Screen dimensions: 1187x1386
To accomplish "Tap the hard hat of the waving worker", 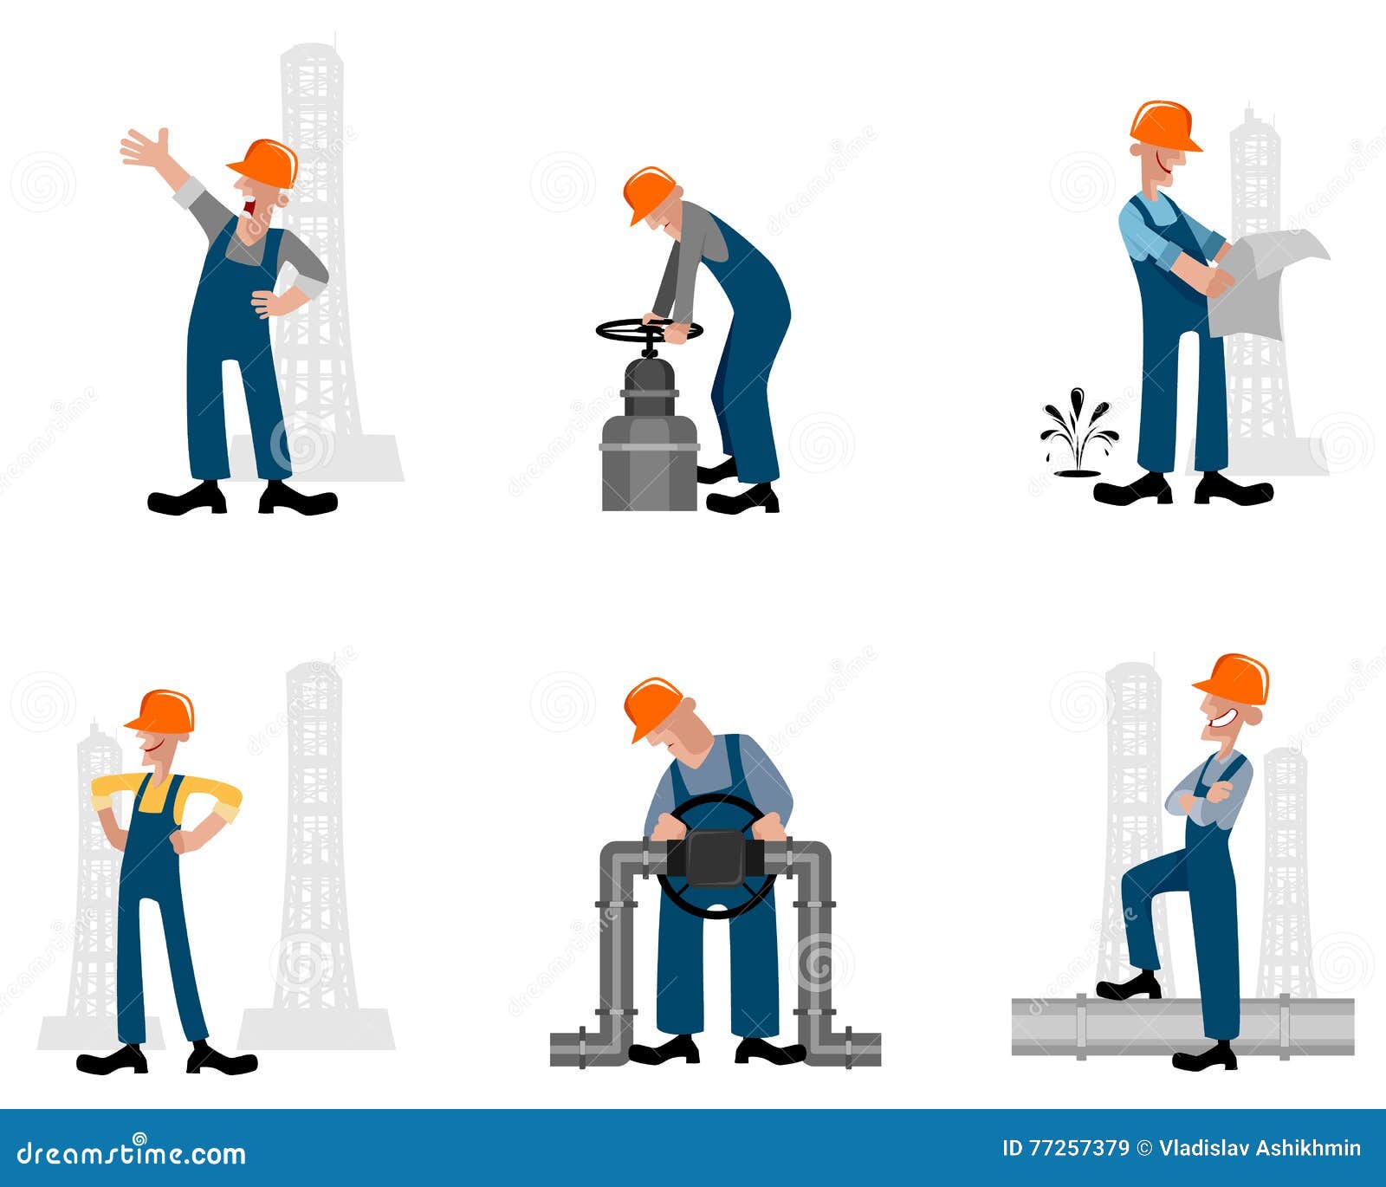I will [265, 162].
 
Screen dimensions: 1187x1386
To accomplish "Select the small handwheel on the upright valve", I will [648, 330].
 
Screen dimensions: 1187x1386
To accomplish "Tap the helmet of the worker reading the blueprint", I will [1163, 126].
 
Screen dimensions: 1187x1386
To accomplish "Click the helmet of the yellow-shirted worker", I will [162, 711].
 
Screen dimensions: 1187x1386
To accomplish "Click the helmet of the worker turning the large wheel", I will [651, 705].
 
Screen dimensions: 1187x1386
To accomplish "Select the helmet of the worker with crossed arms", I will [1234, 678].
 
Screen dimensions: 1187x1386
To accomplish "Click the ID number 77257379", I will [1078, 1149].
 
